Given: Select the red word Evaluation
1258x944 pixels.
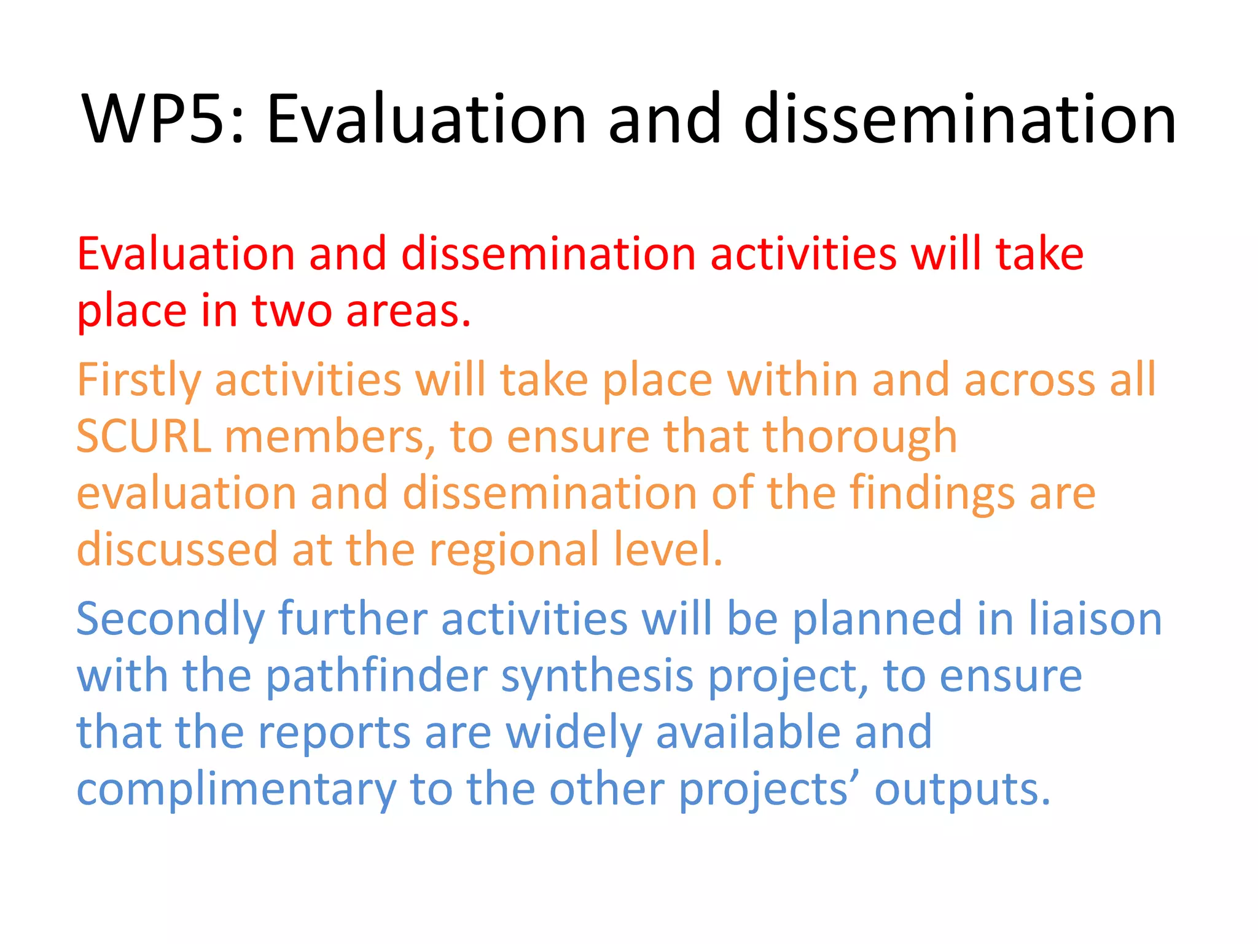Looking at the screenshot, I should tap(186, 254).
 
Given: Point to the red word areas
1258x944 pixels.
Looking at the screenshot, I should tap(408, 310).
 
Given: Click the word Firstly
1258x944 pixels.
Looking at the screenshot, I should tap(138, 380).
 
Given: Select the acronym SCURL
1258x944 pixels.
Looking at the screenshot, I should tap(143, 436).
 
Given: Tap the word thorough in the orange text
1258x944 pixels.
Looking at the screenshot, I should tap(859, 436).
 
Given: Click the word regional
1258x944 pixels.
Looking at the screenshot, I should tap(514, 549).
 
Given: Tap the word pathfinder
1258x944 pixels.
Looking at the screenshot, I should tap(377, 675).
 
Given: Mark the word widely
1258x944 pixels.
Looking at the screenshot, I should tap(574, 732).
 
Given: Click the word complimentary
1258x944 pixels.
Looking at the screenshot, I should tap(236, 789).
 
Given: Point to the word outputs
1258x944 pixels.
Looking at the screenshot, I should tap(962, 789).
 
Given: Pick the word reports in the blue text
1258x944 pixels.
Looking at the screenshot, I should tap(334, 732).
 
